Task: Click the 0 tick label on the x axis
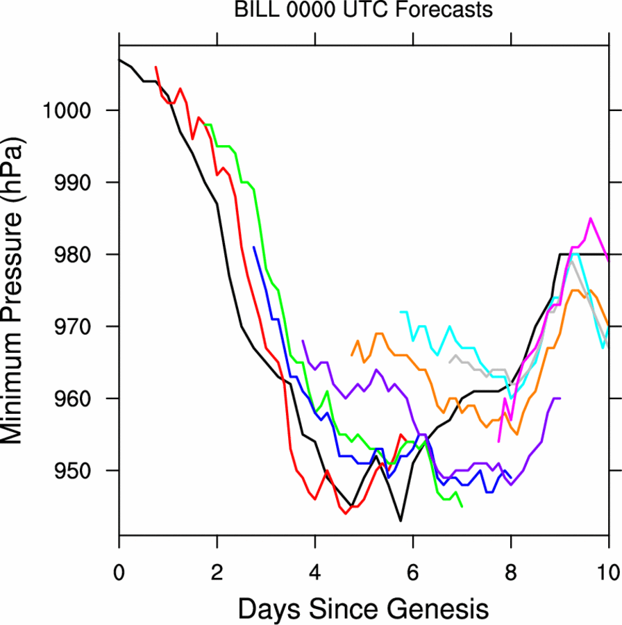119,559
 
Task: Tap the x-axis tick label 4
315,559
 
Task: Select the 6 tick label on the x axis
413,559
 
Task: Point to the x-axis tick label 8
511,559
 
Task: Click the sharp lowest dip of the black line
401,521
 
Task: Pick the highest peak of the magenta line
591,219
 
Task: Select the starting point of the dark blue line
254,247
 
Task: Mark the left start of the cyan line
401,312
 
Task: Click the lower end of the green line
462,506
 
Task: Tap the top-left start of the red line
155,67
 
